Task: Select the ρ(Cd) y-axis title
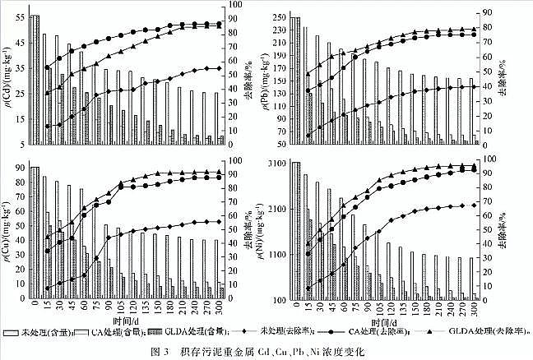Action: tap(7, 81)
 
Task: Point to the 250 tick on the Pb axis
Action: tap(280, 18)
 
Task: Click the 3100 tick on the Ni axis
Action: tap(276, 164)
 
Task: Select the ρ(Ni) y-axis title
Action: tap(265, 232)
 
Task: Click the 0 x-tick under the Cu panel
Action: tap(35, 307)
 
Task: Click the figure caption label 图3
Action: tap(179, 352)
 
